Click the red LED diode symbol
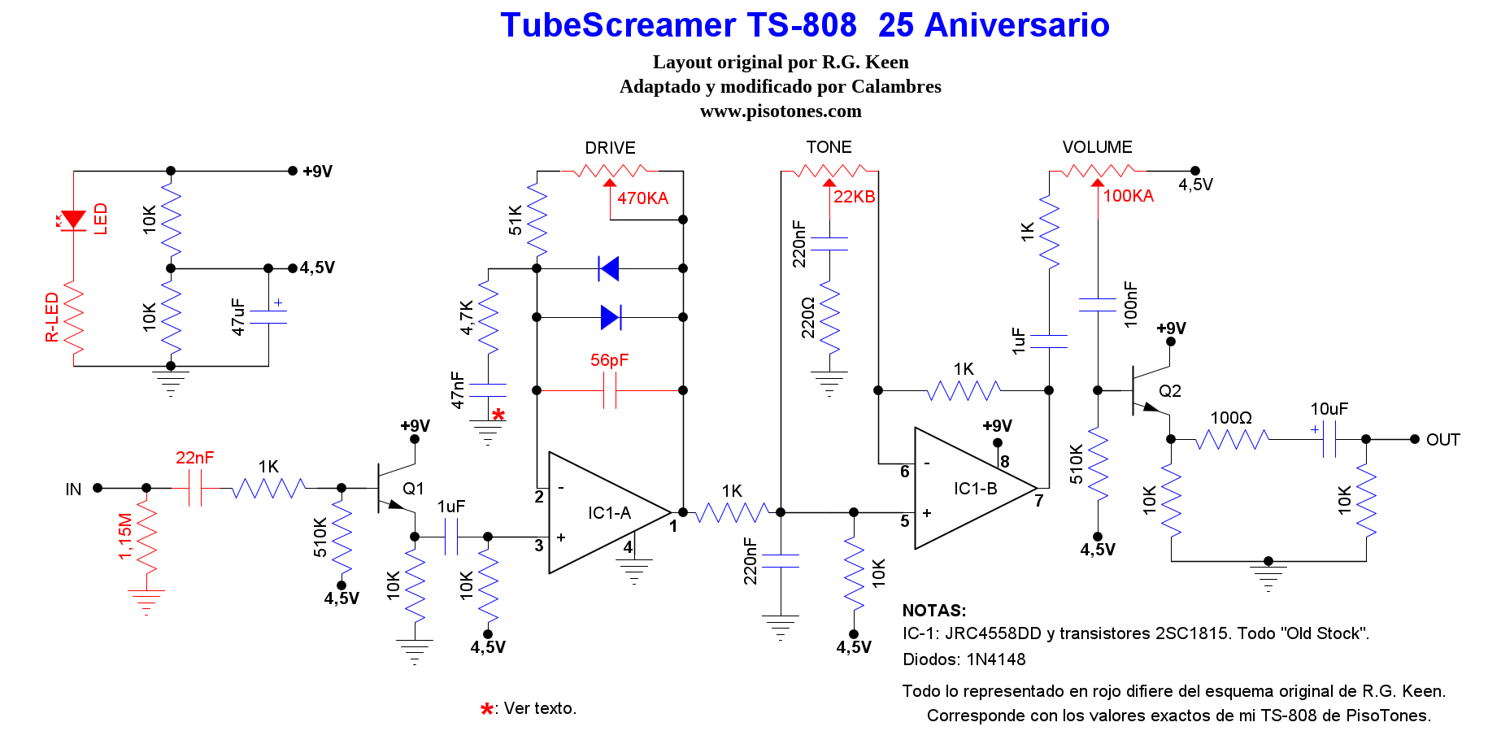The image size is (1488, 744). pyautogui.click(x=73, y=220)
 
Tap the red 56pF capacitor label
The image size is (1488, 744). pyautogui.click(x=609, y=360)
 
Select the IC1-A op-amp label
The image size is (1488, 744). pyautogui.click(x=609, y=513)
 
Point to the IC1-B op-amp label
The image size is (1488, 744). pyautogui.click(x=975, y=489)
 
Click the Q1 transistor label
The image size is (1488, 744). pyautogui.click(x=413, y=489)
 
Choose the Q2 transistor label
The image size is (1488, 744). pyautogui.click(x=1169, y=391)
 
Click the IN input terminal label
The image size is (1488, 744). pyautogui.click(x=73, y=489)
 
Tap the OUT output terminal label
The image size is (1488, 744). pyautogui.click(x=1442, y=440)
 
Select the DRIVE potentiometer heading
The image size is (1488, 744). pyautogui.click(x=610, y=148)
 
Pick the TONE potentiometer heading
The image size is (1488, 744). pyautogui.click(x=829, y=147)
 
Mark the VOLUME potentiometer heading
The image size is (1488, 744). pyautogui.click(x=1097, y=147)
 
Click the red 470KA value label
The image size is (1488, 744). pyautogui.click(x=642, y=198)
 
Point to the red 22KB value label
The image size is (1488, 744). pyautogui.click(x=854, y=197)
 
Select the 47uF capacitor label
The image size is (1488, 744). pyautogui.click(x=237, y=316)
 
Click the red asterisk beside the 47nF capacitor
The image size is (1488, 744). pyautogui.click(x=498, y=416)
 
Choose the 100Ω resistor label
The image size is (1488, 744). pyautogui.click(x=1230, y=418)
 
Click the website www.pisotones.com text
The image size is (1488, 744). pyautogui.click(x=781, y=111)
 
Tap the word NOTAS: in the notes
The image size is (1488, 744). pyautogui.click(x=934, y=611)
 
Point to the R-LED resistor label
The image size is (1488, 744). pyautogui.click(x=52, y=317)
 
